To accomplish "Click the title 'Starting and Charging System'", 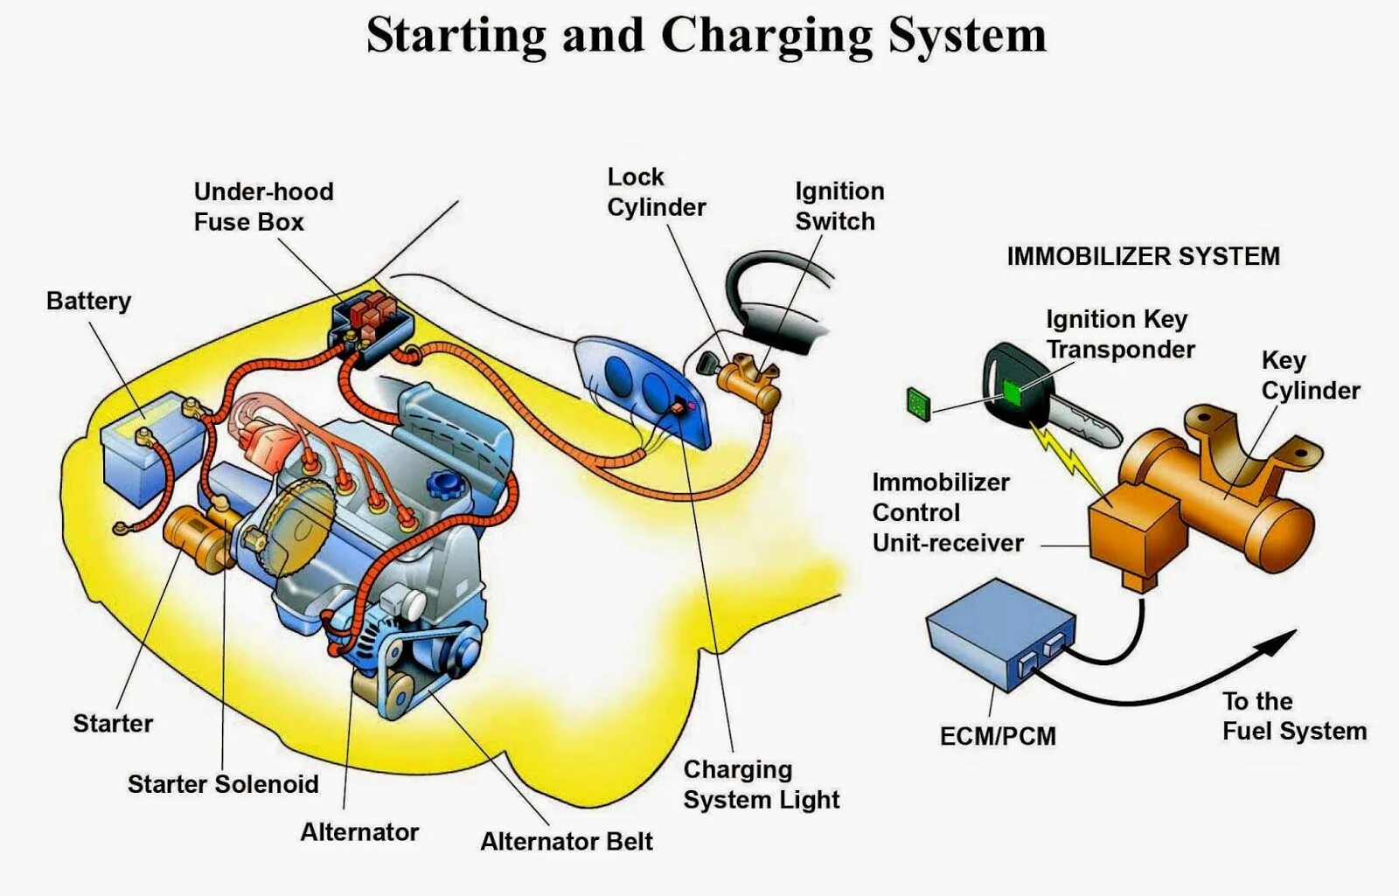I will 706,37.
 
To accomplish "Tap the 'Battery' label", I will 88,301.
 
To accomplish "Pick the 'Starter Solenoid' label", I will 223,784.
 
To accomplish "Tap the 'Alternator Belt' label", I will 567,842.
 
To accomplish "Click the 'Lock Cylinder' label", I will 656,192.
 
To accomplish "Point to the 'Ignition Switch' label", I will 839,206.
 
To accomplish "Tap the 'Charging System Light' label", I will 761,784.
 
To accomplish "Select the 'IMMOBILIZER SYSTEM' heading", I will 1143,256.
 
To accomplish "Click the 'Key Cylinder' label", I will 1310,375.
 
